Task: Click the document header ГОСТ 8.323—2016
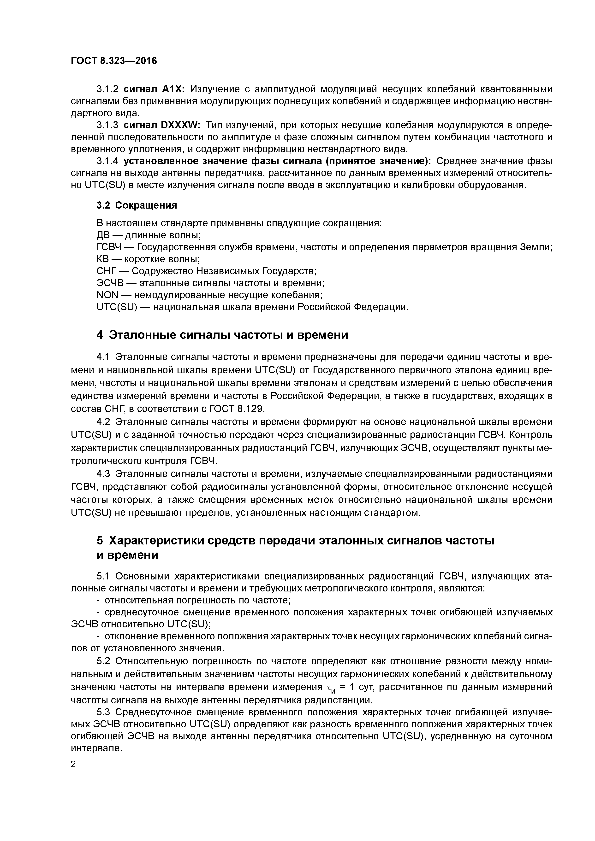click(x=114, y=60)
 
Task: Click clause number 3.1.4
click(x=107, y=161)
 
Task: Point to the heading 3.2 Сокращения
click(x=136, y=205)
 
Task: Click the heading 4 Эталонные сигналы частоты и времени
click(x=222, y=335)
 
